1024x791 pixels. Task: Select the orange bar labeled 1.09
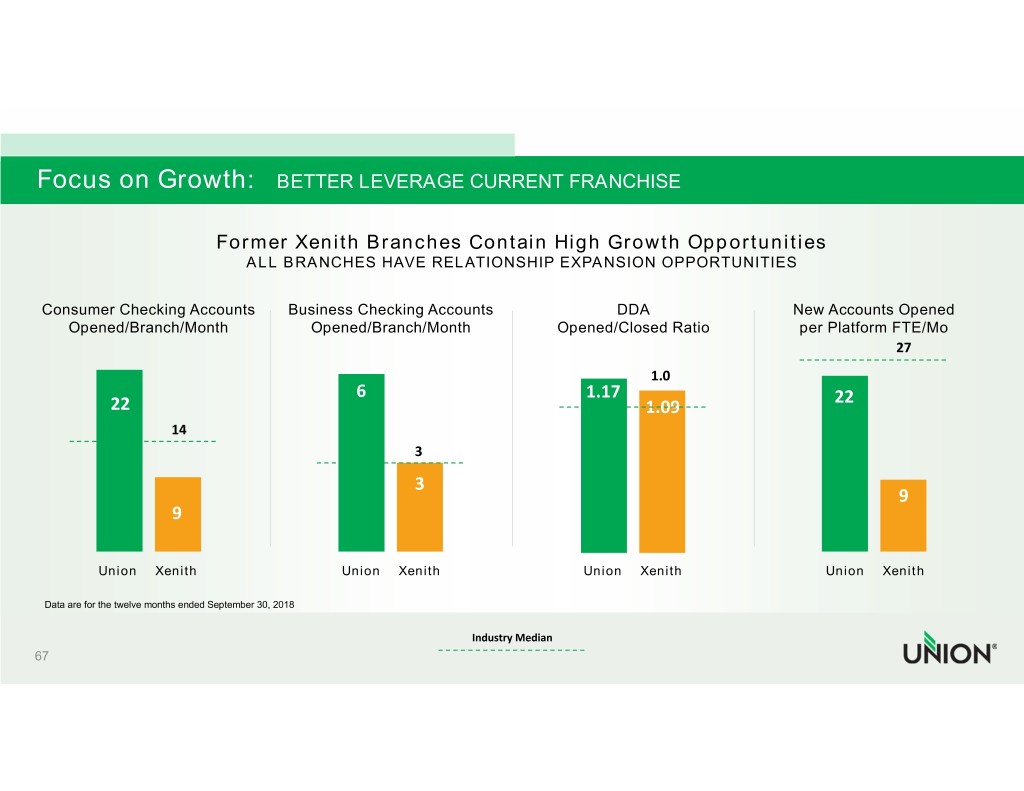(x=662, y=470)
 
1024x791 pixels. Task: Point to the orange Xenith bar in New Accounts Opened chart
(x=903, y=515)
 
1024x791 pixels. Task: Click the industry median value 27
(x=904, y=348)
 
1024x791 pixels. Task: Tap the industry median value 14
(x=179, y=430)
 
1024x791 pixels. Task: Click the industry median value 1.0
(x=660, y=376)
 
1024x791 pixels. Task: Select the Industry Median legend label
(x=512, y=638)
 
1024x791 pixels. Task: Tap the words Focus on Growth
(x=144, y=180)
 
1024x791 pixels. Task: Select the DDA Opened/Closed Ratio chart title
(x=633, y=318)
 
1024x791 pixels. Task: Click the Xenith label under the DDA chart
(x=660, y=571)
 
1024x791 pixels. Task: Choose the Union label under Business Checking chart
(x=361, y=571)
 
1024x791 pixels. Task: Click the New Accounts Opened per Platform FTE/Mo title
(x=873, y=318)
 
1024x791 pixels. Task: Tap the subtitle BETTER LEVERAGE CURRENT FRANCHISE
(x=478, y=182)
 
